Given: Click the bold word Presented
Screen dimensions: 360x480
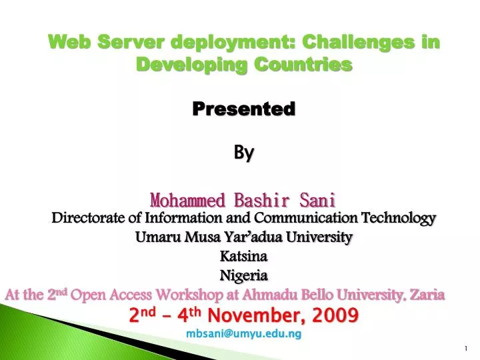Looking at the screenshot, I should click(x=243, y=109).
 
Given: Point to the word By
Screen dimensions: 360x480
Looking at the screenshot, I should click(x=243, y=153).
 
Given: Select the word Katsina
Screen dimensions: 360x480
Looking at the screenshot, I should click(x=243, y=256).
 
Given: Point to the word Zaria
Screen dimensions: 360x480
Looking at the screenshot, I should click(x=425, y=295).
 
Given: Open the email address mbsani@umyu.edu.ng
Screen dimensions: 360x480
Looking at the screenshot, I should click(x=243, y=333).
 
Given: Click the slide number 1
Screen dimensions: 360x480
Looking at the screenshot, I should click(x=465, y=349).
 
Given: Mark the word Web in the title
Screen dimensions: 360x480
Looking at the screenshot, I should click(x=67, y=42).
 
